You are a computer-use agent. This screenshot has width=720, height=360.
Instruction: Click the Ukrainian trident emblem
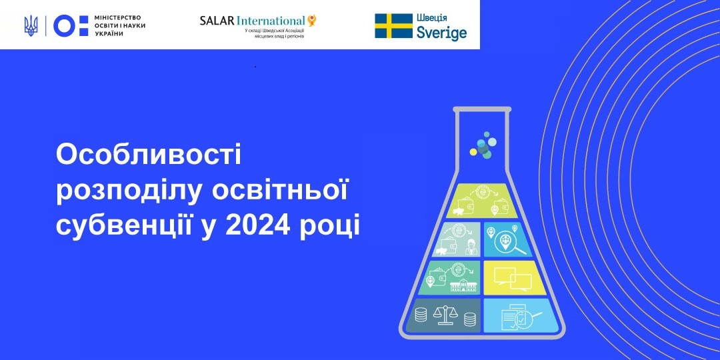pos(31,26)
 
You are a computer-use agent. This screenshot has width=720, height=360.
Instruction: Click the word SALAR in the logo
pos(217,21)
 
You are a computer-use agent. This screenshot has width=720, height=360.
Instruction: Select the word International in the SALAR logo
pos(271,21)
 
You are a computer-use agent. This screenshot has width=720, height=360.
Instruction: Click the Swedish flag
pos(393,26)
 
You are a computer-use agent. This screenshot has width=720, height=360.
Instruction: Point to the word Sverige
pos(442,33)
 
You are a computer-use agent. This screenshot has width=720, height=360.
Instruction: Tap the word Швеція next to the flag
pos(431,18)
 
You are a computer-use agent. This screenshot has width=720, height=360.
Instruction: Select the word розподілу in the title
pos(129,192)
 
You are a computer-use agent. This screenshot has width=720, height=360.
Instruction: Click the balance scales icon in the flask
pos(445,316)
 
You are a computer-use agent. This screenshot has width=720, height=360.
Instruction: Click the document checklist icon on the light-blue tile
pos(517,316)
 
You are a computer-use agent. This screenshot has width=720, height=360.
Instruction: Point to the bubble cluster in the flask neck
pos(482,145)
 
